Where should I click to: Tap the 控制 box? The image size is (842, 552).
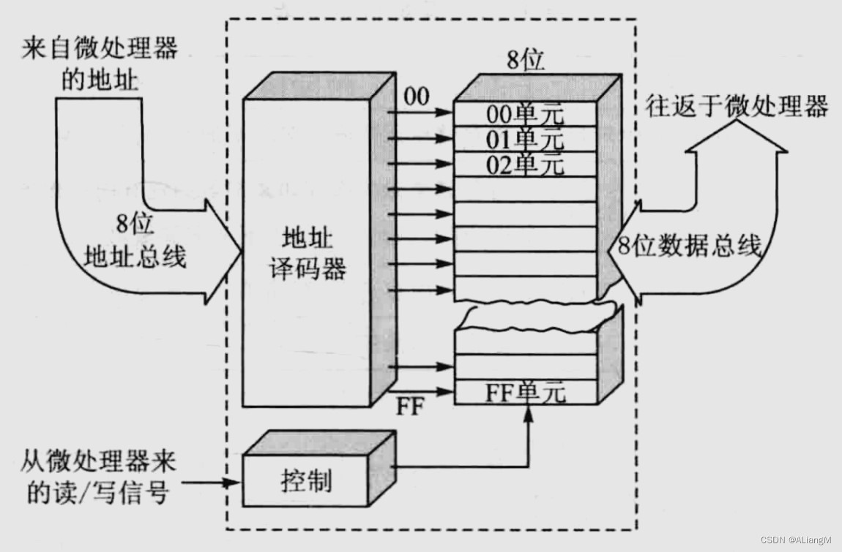click(306, 481)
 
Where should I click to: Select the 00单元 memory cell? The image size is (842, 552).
click(525, 115)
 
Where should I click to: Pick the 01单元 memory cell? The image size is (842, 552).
click(525, 139)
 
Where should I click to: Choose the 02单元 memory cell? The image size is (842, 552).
click(525, 164)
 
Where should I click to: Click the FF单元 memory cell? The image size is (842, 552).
click(525, 393)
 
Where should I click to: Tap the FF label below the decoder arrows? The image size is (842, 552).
click(410, 407)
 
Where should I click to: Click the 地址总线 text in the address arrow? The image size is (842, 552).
click(135, 257)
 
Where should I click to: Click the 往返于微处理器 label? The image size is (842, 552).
click(737, 107)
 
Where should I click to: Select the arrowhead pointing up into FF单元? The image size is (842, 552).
click(527, 413)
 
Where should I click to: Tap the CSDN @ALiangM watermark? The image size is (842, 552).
click(795, 540)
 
